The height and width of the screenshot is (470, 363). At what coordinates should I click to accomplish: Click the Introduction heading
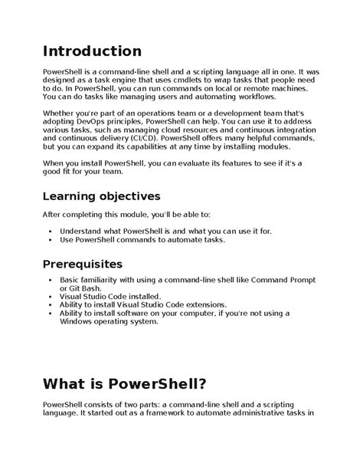point(91,51)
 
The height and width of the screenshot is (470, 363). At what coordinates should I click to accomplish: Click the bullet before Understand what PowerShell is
point(50,230)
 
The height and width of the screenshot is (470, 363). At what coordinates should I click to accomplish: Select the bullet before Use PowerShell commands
point(50,239)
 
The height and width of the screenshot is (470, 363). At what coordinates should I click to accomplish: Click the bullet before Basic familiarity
point(50,279)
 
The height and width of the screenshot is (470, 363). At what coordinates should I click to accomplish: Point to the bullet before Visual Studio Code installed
point(50,296)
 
